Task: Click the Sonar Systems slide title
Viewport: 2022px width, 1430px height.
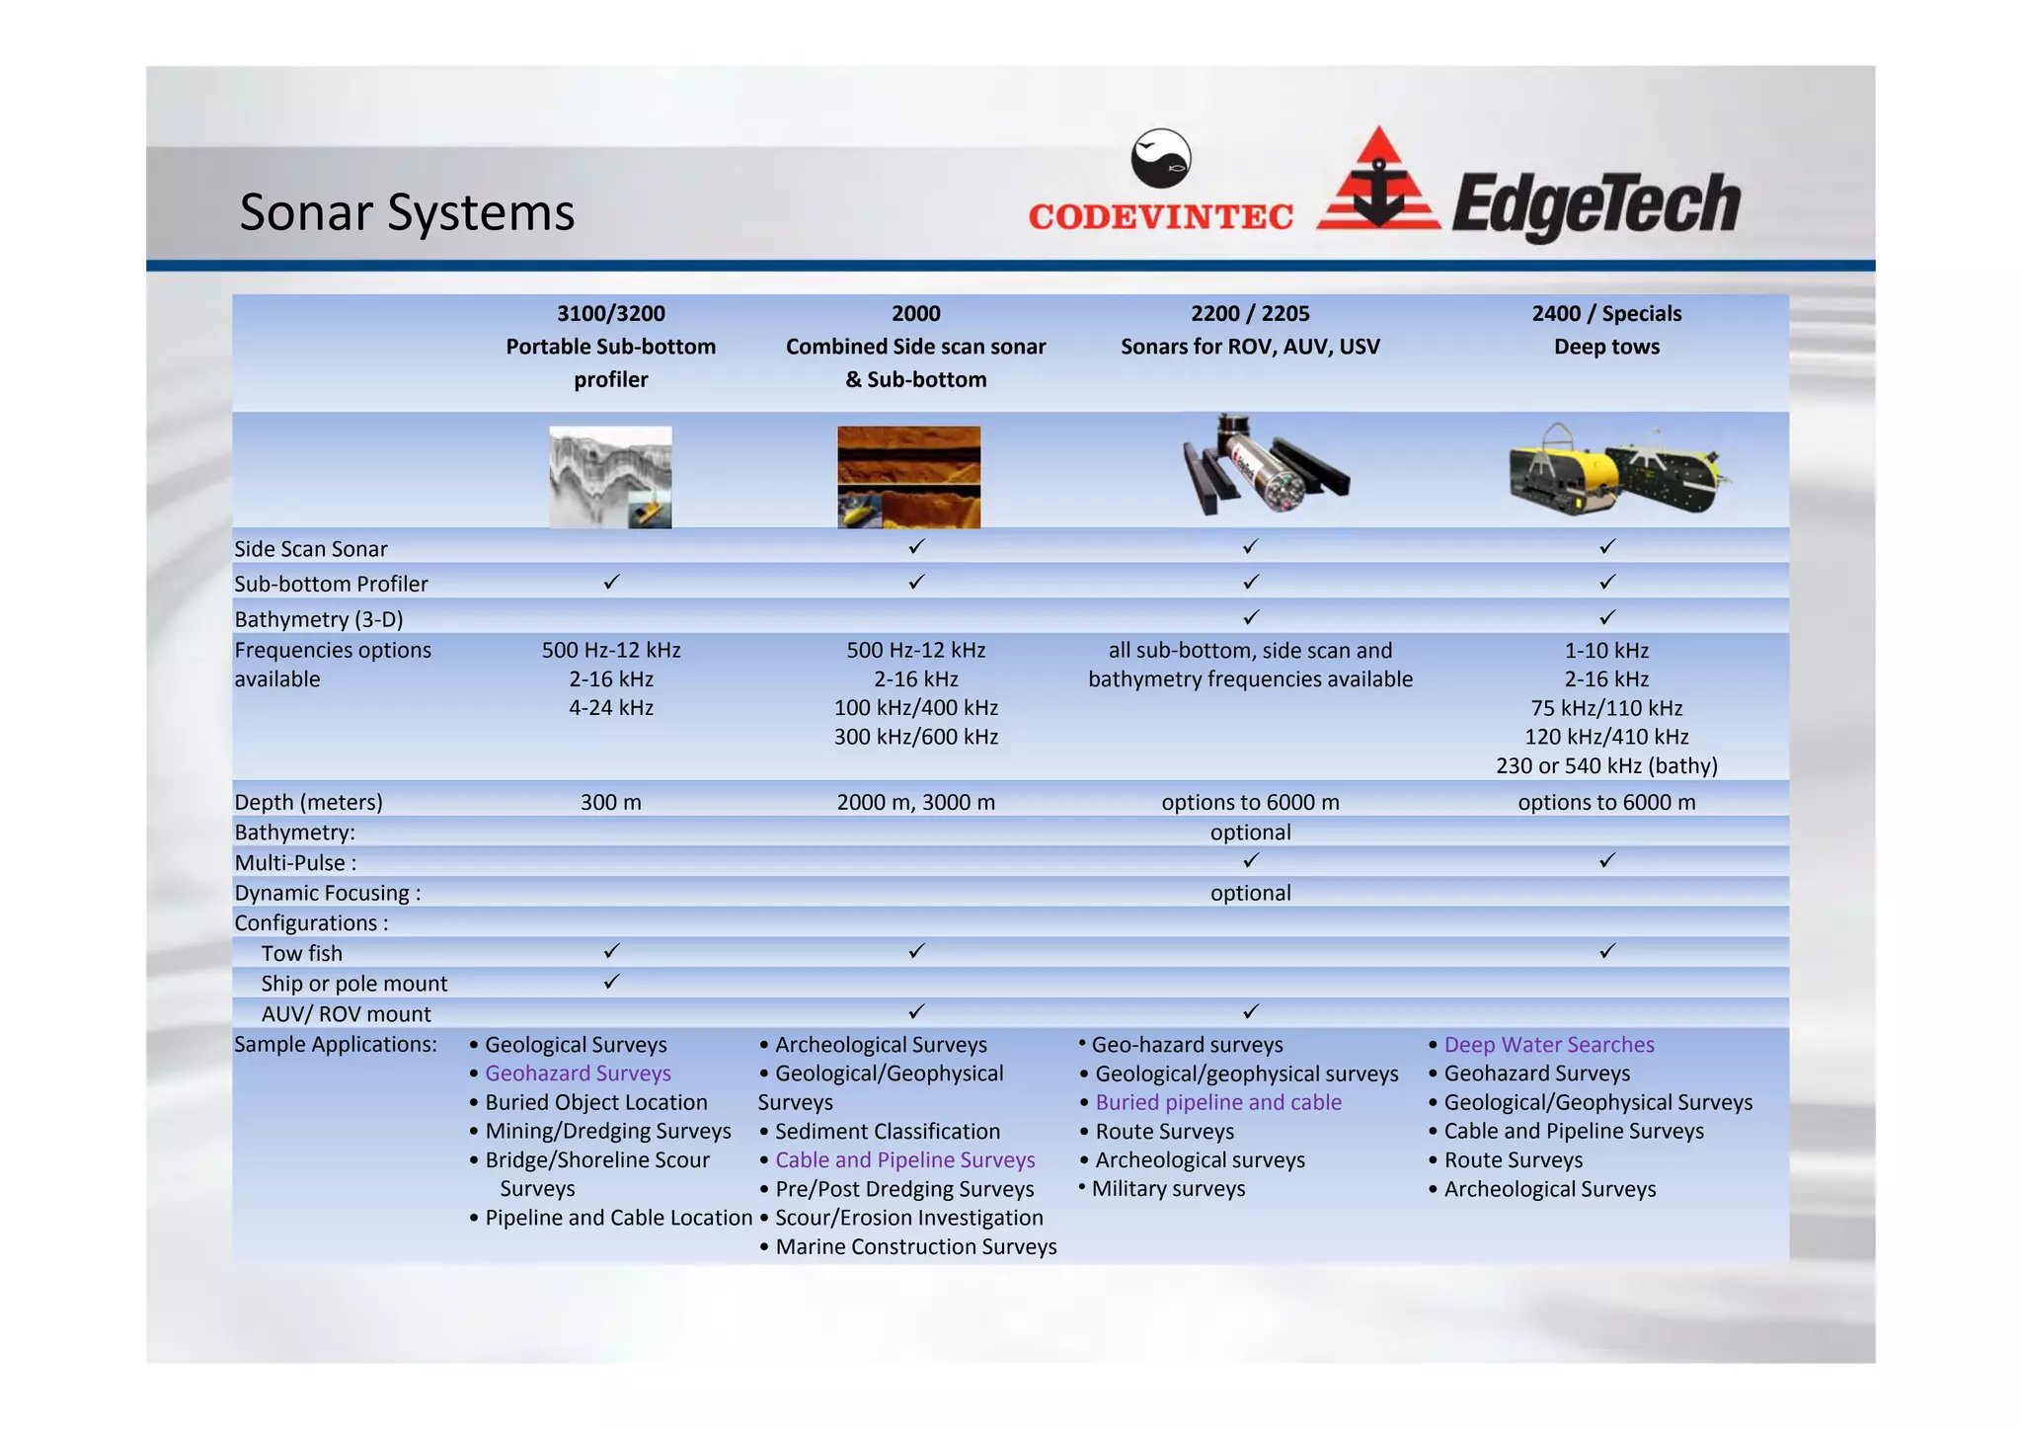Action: pos(407,212)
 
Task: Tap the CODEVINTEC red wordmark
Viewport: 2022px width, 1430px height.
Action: pos(1160,217)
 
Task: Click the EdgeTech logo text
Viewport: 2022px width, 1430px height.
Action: pos(1595,204)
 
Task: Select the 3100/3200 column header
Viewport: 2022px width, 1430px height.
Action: pos(611,314)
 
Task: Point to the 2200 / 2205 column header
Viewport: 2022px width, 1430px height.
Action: pos(1250,314)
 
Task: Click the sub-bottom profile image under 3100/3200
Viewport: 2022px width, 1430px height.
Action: pos(610,477)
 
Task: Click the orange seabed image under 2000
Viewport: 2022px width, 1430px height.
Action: pos(908,477)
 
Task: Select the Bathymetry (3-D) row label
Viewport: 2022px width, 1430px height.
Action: pos(319,619)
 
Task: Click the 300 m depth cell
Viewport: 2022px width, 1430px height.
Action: pos(611,802)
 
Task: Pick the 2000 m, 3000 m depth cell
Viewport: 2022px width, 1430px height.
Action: pos(915,802)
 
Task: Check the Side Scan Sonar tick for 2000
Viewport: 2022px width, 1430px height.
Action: pos(916,546)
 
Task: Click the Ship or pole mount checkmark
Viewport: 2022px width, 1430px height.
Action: pos(611,982)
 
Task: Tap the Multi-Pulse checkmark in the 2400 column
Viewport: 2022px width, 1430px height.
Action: pos(1606,860)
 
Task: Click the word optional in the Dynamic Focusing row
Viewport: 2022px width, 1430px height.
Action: pos(1250,893)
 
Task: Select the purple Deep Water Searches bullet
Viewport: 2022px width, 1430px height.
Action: pos(1548,1045)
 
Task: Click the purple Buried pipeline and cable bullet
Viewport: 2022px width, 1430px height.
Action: pos(1217,1102)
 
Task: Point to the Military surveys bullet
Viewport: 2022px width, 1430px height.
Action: pos(1168,1189)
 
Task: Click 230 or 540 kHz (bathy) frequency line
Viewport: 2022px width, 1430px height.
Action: pos(1606,765)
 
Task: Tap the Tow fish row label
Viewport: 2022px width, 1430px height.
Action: pos(302,953)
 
